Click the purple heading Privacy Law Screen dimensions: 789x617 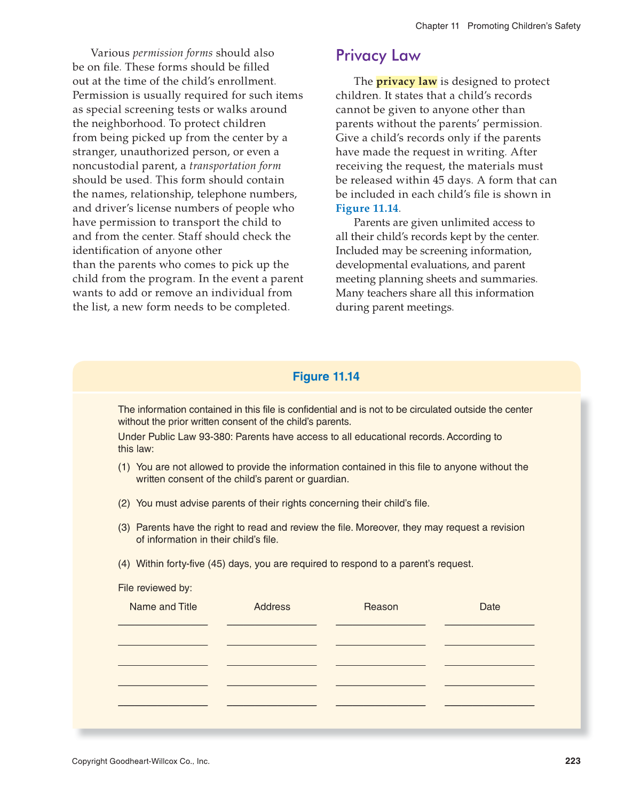click(x=378, y=55)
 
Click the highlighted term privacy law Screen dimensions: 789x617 click(x=406, y=82)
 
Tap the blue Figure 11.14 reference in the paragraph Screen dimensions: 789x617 click(x=367, y=209)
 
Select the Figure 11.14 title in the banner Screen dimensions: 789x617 click(x=326, y=377)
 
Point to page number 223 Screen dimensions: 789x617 click(x=573, y=761)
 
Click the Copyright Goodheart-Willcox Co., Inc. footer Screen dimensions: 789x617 click(x=141, y=761)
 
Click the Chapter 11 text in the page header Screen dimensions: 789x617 click(x=437, y=26)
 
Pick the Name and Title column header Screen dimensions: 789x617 click(x=163, y=607)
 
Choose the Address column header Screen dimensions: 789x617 click(x=272, y=607)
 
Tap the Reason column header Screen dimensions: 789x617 click(x=381, y=607)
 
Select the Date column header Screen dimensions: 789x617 click(x=490, y=607)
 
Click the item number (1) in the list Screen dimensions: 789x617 click(x=124, y=467)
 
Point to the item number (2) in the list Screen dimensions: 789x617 click(x=124, y=504)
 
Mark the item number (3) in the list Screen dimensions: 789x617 click(x=124, y=528)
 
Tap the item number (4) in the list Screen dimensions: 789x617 click(x=124, y=564)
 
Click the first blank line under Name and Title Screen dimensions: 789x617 click(x=163, y=624)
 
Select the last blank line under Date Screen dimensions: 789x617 click(x=489, y=705)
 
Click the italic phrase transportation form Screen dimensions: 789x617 click(x=235, y=166)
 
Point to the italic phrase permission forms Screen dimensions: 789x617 click(x=172, y=53)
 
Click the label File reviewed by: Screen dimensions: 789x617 click(x=155, y=588)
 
